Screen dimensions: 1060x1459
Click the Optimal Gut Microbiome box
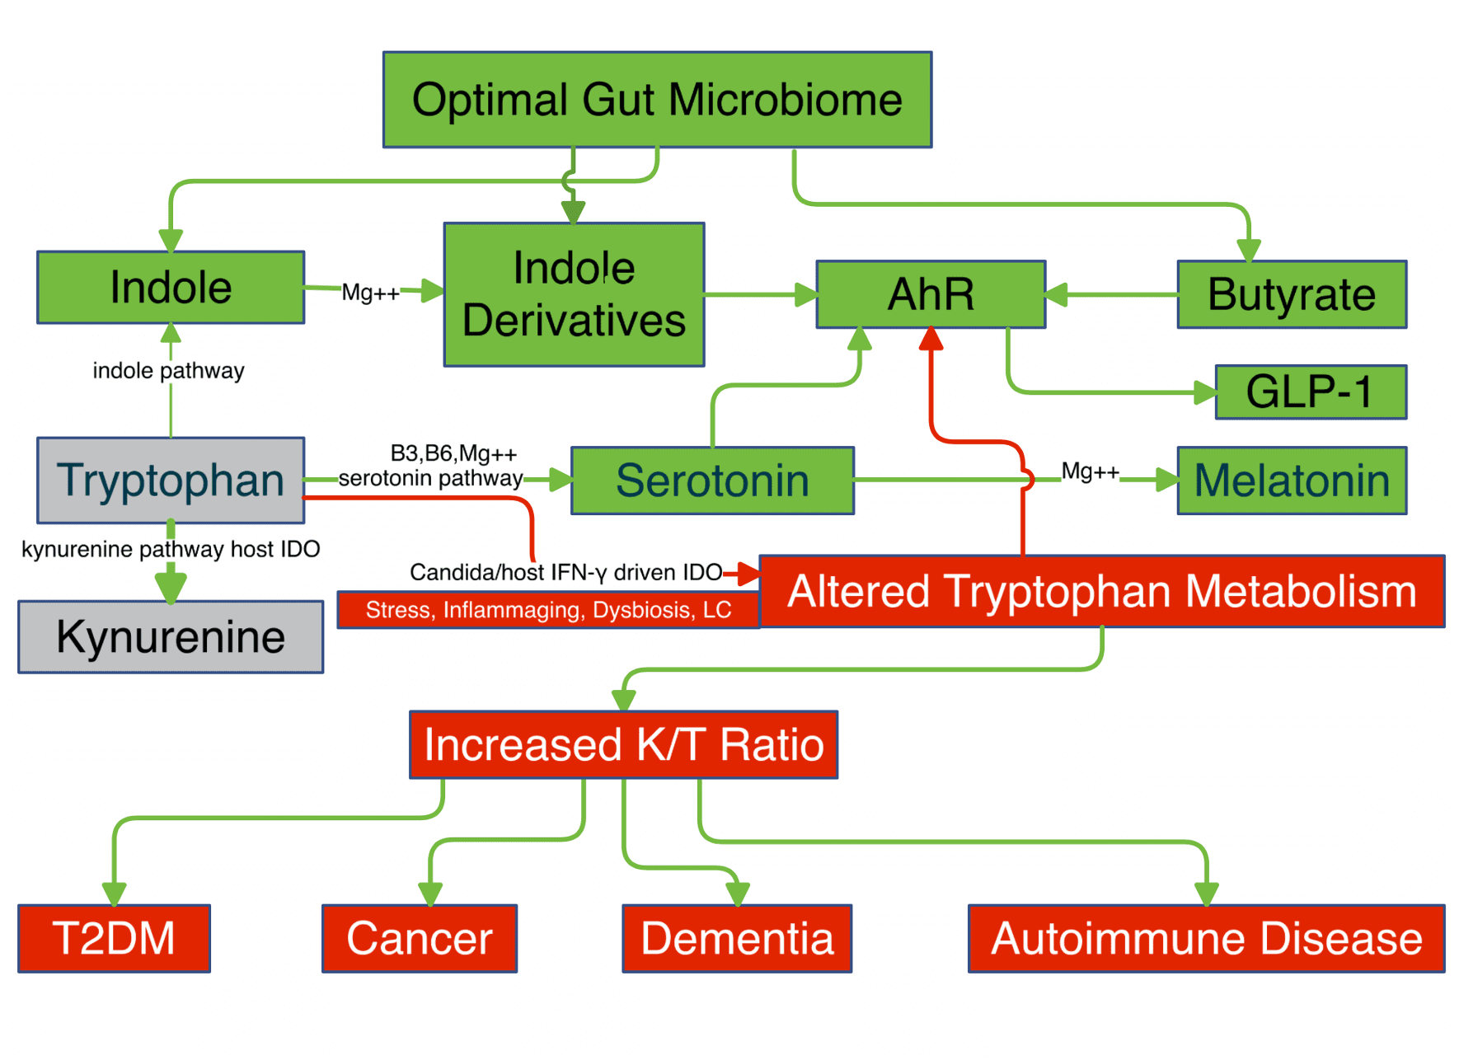[657, 100]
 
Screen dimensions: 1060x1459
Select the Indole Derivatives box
[574, 294]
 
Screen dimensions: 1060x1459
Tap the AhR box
[931, 294]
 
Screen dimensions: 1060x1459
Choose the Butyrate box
[1291, 294]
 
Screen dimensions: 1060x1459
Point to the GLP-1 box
[1310, 392]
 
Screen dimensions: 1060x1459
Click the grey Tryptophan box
[171, 480]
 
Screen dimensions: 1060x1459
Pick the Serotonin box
[712, 481]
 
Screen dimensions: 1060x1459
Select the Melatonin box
[1291, 481]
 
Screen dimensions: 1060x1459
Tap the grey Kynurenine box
[171, 636]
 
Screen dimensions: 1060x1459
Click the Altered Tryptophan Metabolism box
[1101, 591]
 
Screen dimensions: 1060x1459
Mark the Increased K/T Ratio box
[623, 744]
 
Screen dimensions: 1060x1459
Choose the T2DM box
[114, 938]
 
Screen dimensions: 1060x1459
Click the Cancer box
[419, 938]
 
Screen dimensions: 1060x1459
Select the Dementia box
[737, 938]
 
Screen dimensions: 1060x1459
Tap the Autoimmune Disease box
[1206, 938]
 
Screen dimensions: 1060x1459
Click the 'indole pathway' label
[168, 371]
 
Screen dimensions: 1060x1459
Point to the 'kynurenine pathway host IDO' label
[171, 549]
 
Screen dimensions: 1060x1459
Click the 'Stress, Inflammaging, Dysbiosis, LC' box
[548, 610]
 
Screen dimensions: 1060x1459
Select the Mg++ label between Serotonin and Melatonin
[1090, 471]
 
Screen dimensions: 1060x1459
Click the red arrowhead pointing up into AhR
[931, 338]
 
